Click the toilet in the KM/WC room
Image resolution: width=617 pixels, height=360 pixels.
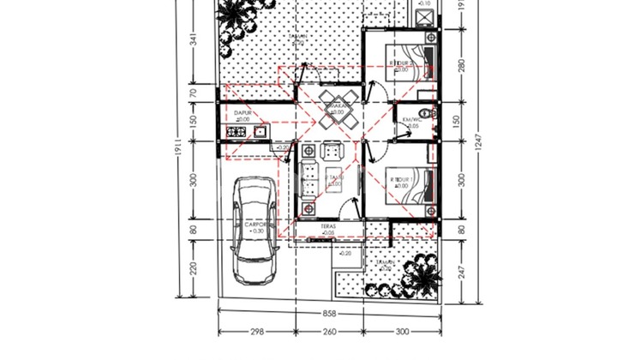(431, 113)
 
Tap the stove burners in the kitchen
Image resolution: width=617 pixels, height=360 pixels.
(236, 132)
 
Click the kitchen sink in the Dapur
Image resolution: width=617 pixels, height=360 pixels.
(258, 132)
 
